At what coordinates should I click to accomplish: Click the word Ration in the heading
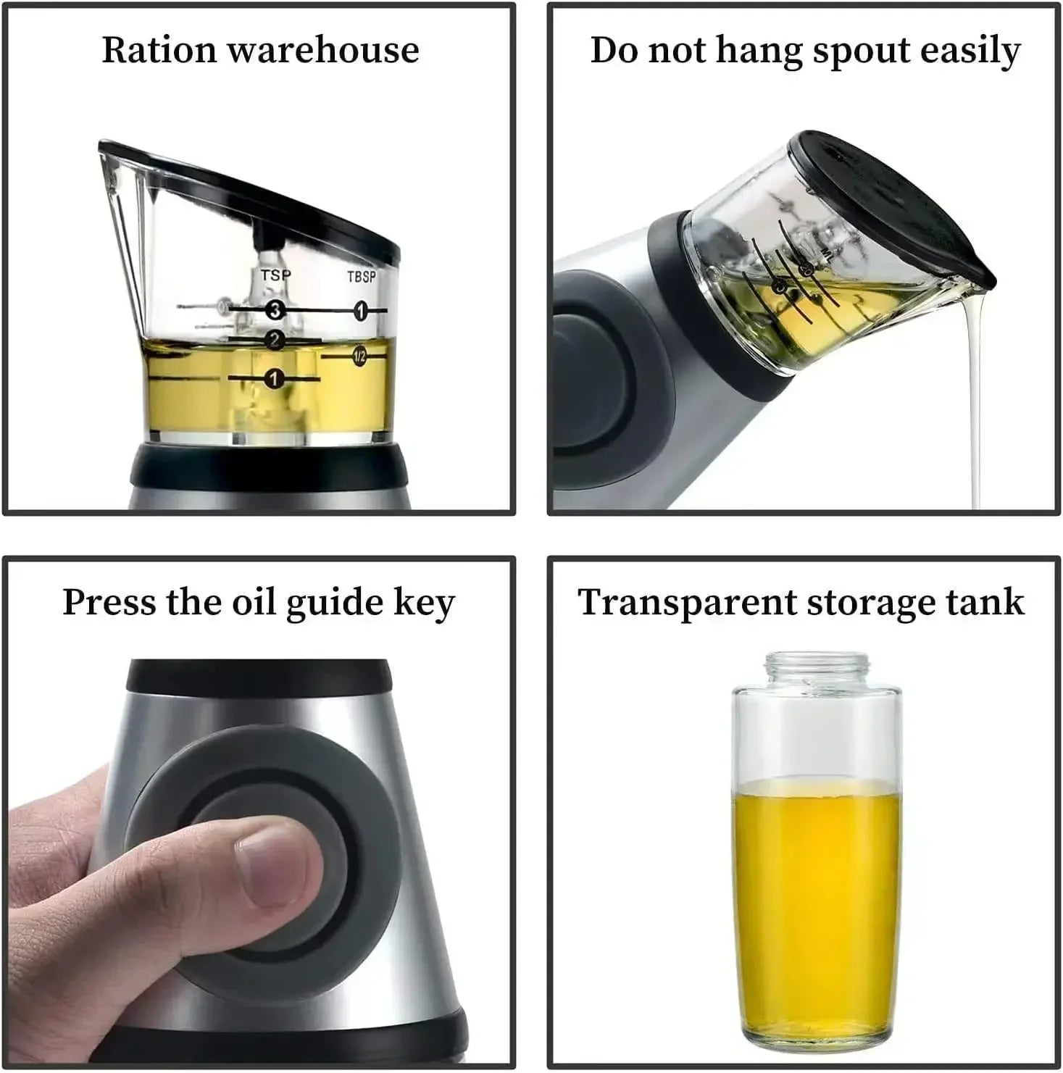click(x=159, y=50)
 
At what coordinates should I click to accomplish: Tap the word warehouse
click(x=323, y=50)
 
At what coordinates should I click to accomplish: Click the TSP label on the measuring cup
click(x=275, y=275)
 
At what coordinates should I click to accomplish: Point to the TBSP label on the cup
click(x=362, y=277)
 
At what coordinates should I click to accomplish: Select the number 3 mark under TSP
click(x=274, y=310)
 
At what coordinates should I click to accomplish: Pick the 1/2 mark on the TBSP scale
click(x=359, y=356)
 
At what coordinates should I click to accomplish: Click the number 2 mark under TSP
click(x=274, y=339)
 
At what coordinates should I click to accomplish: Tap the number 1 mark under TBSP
click(x=360, y=312)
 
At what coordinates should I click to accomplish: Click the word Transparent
click(x=686, y=603)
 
